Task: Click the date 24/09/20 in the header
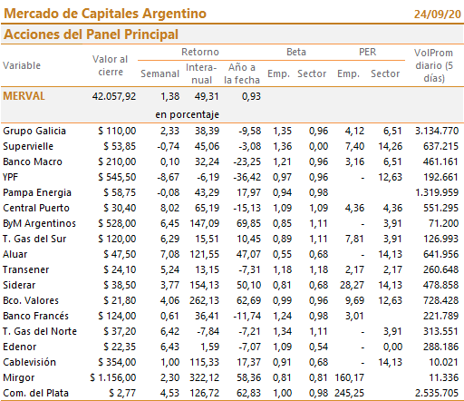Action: (437, 15)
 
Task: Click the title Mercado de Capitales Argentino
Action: (105, 14)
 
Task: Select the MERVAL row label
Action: (24, 96)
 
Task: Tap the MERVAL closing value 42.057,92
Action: (114, 96)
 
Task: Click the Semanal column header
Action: (159, 73)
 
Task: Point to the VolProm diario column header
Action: (433, 65)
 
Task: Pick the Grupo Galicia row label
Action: (34, 131)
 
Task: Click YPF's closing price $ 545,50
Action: (117, 177)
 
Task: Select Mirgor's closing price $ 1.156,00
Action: (113, 377)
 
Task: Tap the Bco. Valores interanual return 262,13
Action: (204, 300)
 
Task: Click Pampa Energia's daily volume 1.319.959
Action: (437, 192)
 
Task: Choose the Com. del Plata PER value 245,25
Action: (349, 393)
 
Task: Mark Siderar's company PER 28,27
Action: (352, 285)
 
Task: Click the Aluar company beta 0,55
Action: (282, 254)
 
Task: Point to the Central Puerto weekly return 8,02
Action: (169, 208)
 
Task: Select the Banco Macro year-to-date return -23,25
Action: (246, 161)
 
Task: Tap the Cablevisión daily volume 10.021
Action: (443, 362)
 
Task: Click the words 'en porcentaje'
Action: (187, 114)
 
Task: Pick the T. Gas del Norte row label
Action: (40, 331)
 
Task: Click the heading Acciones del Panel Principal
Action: (91, 34)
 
